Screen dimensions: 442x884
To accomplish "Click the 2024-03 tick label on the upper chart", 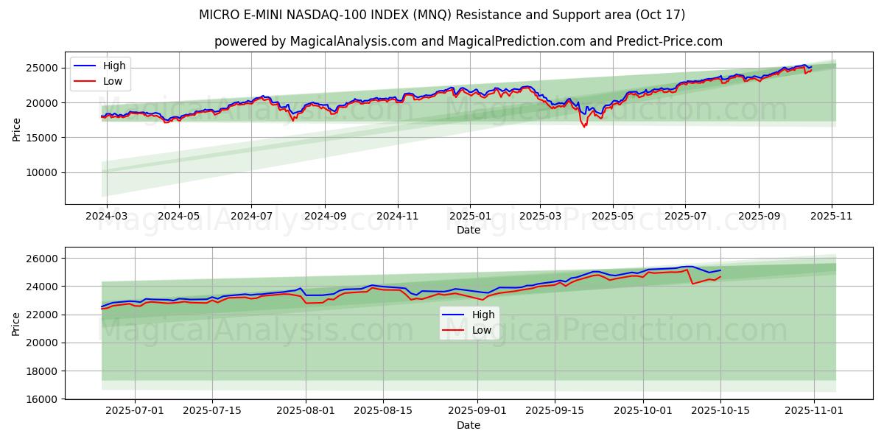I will pos(107,217).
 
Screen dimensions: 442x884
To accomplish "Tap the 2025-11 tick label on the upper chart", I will pos(832,217).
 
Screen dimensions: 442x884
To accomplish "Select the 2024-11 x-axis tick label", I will pos(398,217).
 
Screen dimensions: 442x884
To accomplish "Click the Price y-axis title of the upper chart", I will pos(16,128).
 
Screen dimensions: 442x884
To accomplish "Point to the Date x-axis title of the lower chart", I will pos(469,425).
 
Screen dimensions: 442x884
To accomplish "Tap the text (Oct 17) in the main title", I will pos(659,15).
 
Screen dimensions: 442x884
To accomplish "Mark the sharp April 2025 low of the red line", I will pos(585,127).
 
